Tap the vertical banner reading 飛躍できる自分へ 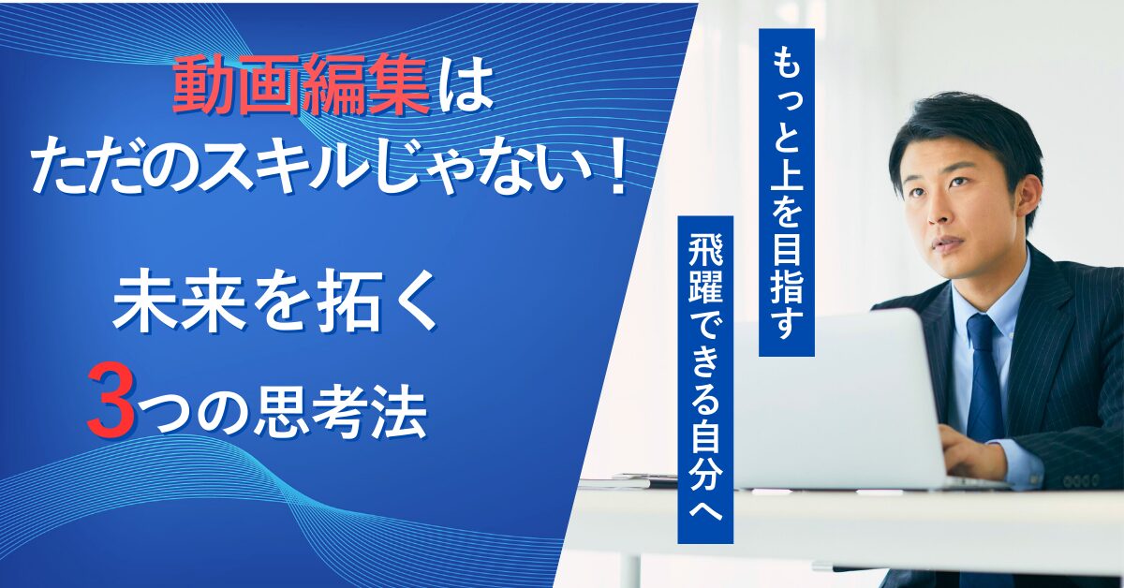point(705,378)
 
